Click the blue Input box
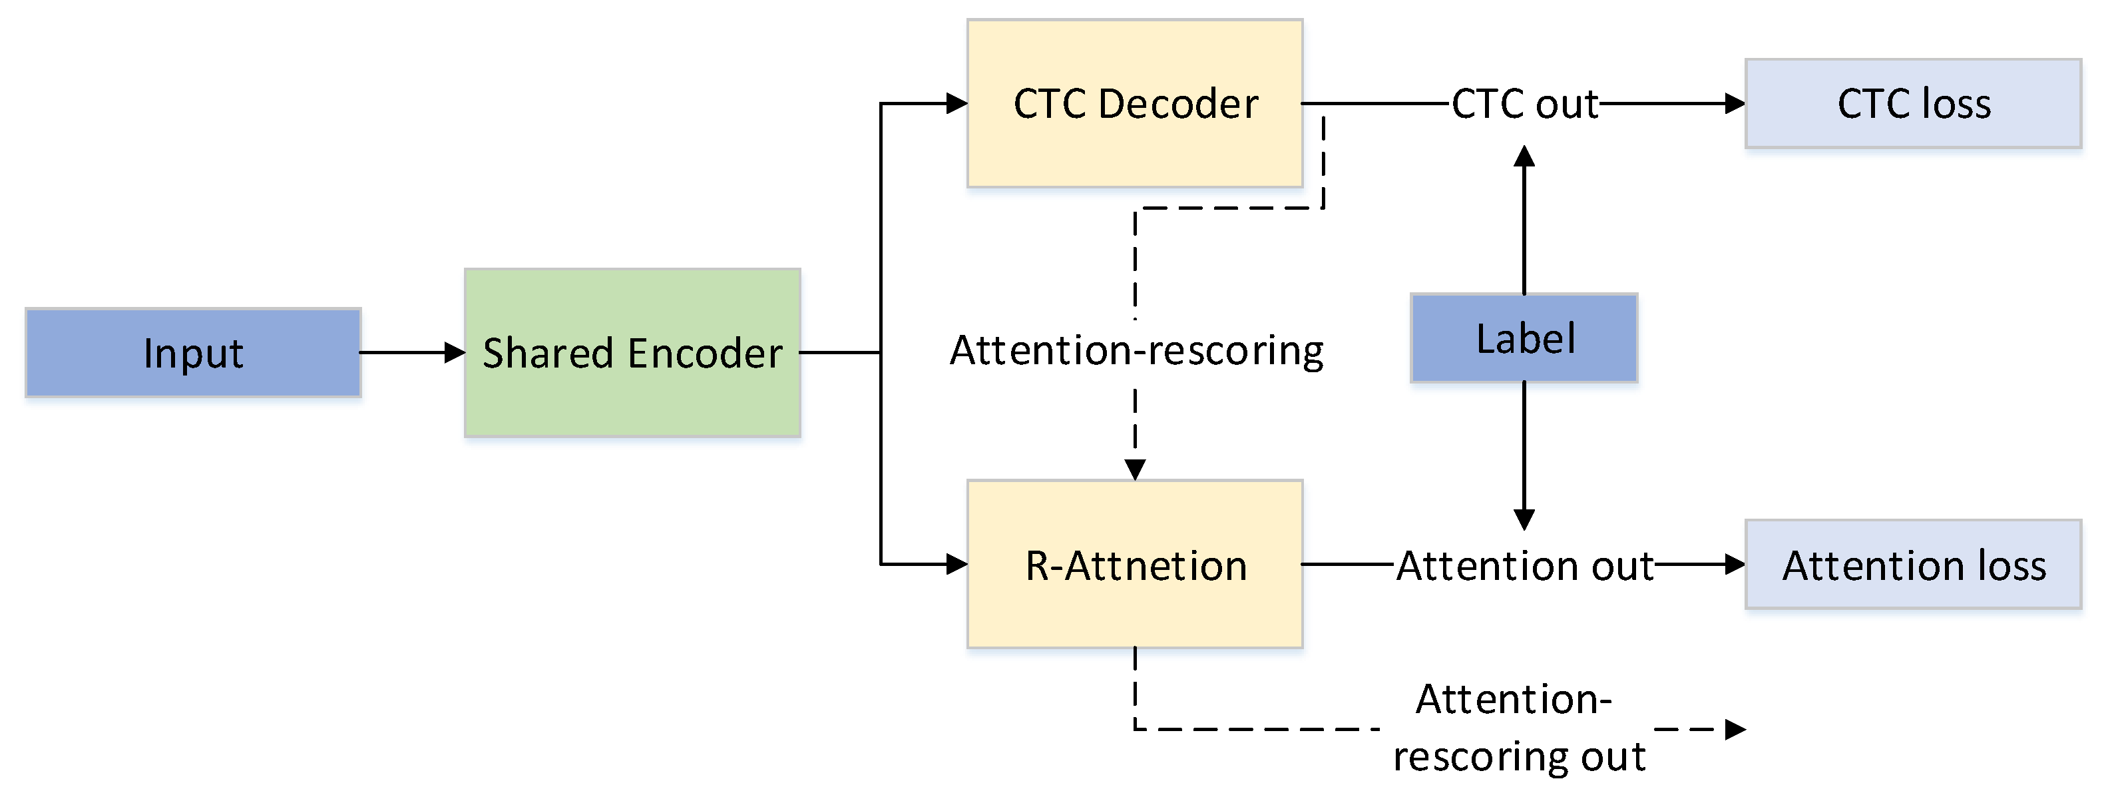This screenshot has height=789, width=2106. point(193,352)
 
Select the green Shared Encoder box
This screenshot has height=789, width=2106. point(632,352)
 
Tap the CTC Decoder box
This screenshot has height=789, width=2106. point(1135,104)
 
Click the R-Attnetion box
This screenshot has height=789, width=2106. point(1135,564)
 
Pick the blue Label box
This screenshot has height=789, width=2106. point(1524,338)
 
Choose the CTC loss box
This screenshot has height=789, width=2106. point(1913,104)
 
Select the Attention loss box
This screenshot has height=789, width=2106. point(1913,564)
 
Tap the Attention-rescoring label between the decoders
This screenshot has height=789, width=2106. point(1136,351)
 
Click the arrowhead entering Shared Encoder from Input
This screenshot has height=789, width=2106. point(455,352)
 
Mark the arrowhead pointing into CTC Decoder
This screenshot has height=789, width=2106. point(956,104)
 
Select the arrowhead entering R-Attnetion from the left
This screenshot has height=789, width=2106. point(956,563)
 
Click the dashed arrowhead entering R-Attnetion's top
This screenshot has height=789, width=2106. point(1135,469)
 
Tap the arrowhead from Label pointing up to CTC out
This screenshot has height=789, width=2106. point(1524,156)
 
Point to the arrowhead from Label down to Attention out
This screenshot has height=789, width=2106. point(1524,519)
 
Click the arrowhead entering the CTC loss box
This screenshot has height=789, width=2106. point(1735,104)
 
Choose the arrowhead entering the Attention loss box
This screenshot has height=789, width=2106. point(1735,563)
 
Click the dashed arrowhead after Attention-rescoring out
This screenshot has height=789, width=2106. point(1735,728)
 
